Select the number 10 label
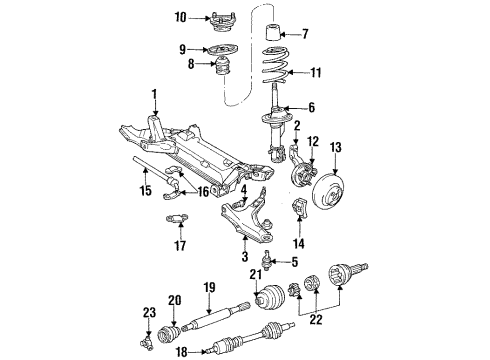coord(180,16)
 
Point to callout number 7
coord(305,35)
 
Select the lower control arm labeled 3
coord(248,232)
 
